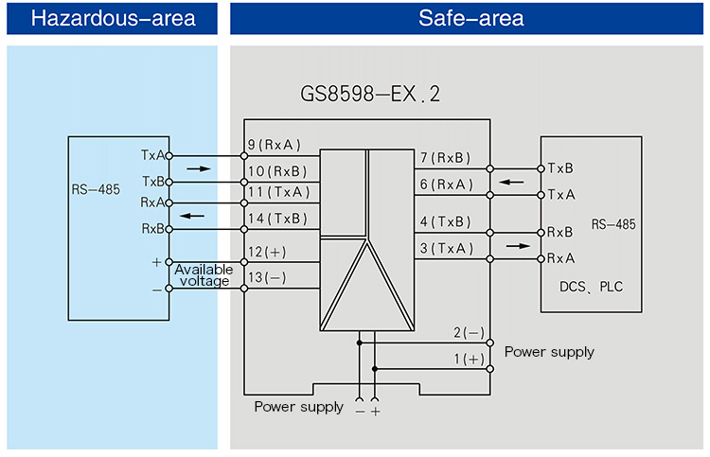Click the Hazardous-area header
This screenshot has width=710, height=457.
(113, 19)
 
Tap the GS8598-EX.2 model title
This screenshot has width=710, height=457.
(370, 95)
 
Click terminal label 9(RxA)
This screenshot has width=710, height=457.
(275, 146)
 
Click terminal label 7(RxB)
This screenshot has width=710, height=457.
(444, 158)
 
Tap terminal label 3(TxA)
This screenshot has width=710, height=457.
(444, 248)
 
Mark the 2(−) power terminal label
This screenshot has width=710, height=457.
(468, 332)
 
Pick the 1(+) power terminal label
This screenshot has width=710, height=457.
(468, 359)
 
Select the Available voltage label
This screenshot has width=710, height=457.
(203, 275)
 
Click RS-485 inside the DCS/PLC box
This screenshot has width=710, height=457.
(613, 224)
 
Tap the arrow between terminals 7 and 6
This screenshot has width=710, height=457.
(511, 182)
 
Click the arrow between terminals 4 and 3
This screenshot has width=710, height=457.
(518, 245)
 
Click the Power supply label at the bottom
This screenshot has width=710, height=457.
(298, 407)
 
